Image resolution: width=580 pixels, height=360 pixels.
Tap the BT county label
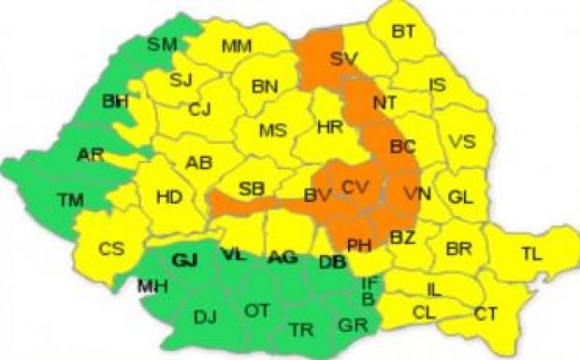(403, 32)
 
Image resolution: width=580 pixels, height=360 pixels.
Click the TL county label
(530, 252)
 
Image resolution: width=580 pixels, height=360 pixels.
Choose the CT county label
(486, 312)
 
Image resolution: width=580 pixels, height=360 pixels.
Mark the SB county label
(251, 189)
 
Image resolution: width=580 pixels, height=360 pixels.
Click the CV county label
(355, 187)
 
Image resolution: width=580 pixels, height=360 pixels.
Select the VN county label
(417, 194)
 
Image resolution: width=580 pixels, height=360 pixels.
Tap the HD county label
(169, 196)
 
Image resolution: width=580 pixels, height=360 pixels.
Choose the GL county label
(458, 197)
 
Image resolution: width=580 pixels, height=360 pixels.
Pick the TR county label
(301, 330)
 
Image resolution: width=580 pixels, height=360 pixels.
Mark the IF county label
(369, 281)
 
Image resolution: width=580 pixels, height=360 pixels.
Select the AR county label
(91, 153)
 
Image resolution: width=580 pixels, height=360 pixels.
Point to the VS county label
(461, 142)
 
